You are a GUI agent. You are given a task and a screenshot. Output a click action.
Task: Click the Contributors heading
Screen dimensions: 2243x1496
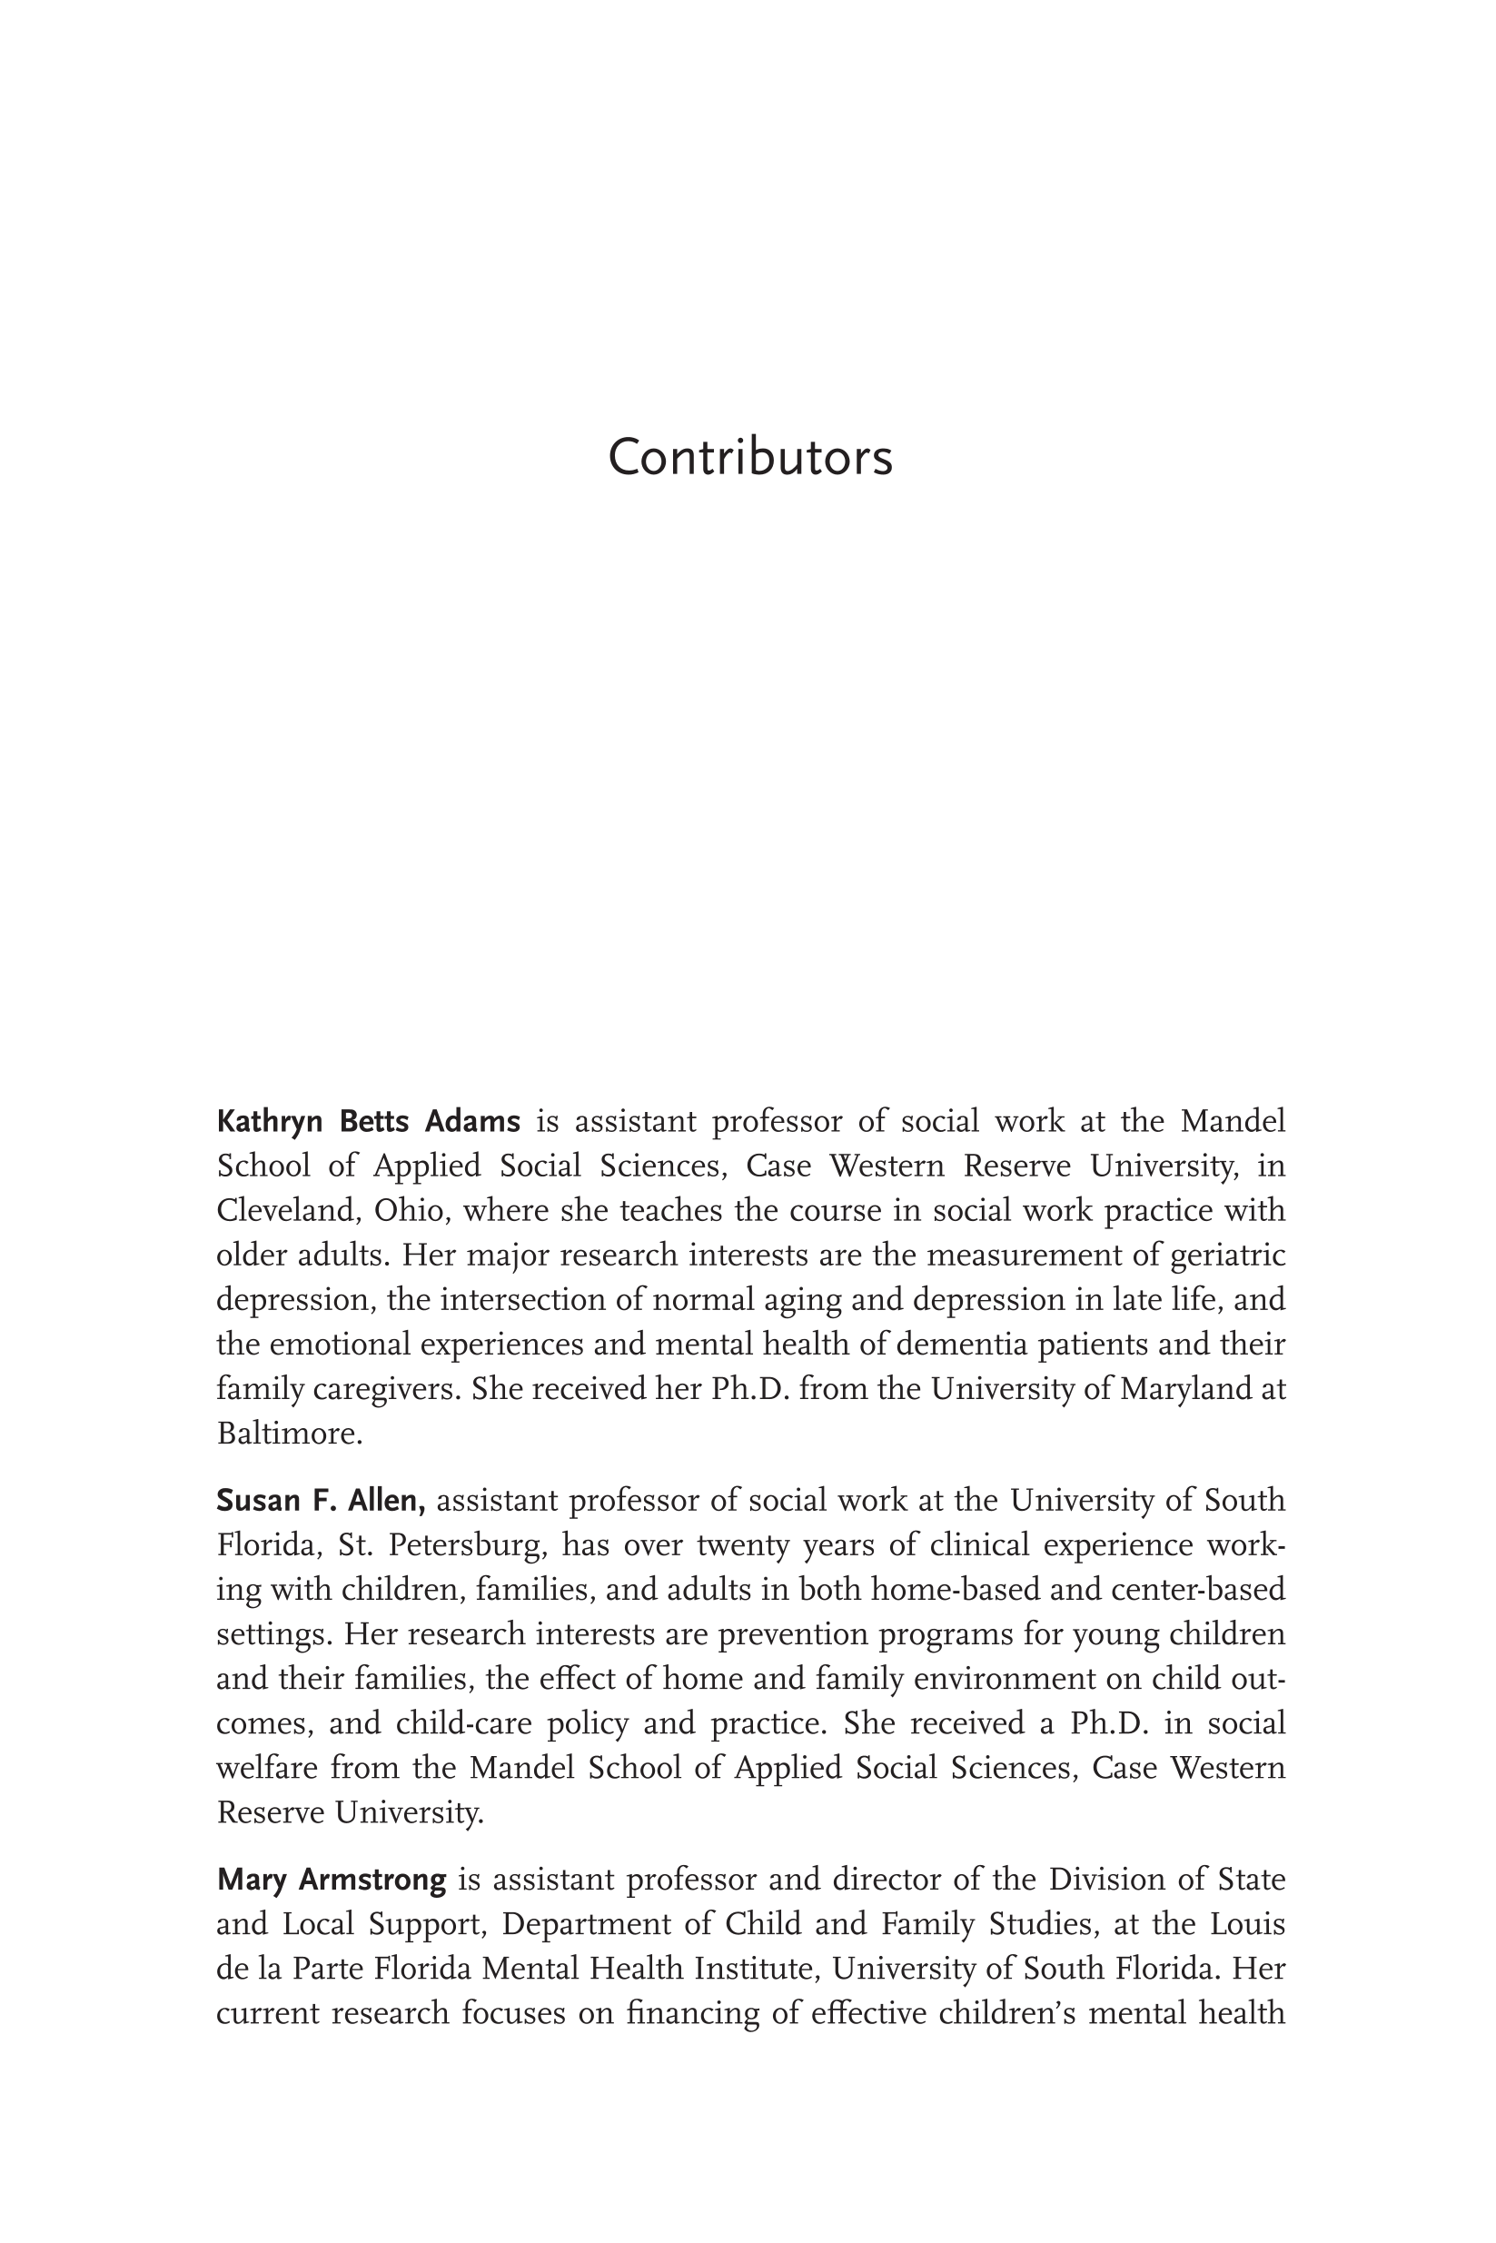(x=750, y=457)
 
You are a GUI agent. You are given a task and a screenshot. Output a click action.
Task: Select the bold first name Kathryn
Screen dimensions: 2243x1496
(x=269, y=1122)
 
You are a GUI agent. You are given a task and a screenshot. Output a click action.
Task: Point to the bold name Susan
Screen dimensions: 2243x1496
(x=253, y=1501)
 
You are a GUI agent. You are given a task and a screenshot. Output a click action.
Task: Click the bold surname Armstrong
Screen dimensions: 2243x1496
(x=372, y=1881)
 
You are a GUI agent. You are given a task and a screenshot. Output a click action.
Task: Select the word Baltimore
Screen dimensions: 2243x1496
(x=288, y=1434)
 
